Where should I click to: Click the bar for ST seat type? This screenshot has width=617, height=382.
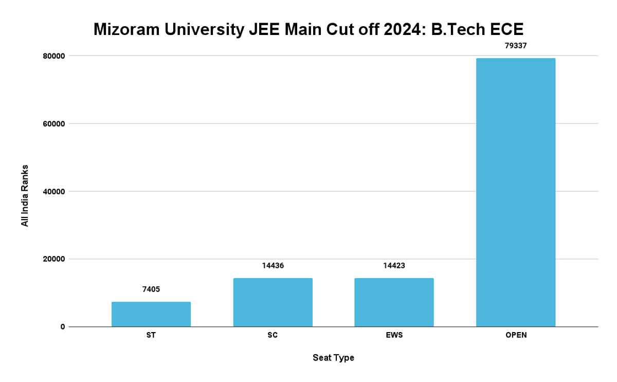pyautogui.click(x=151, y=314)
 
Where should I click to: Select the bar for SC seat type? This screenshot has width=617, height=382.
pyautogui.click(x=273, y=302)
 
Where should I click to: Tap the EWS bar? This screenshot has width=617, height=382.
pyautogui.click(x=394, y=302)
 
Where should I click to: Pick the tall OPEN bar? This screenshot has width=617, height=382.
pyautogui.click(x=516, y=192)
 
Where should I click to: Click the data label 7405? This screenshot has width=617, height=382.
pyautogui.click(x=151, y=289)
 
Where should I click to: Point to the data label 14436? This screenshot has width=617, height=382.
pyautogui.click(x=273, y=266)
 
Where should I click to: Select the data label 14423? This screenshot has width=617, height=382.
pyautogui.click(x=394, y=266)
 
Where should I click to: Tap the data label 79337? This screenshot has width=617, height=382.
pyautogui.click(x=516, y=46)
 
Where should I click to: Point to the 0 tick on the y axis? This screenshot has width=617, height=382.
pyautogui.click(x=63, y=327)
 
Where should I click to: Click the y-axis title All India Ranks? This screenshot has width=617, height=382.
pyautogui.click(x=25, y=196)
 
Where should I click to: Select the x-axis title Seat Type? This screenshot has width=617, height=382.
pyautogui.click(x=333, y=358)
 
